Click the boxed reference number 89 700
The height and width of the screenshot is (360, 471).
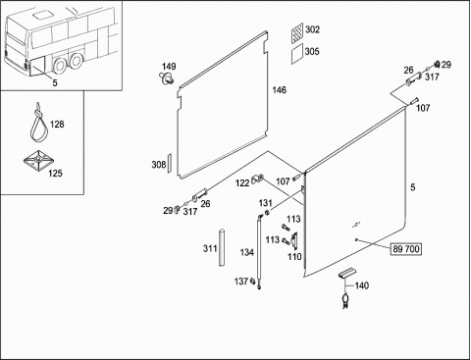click(405, 249)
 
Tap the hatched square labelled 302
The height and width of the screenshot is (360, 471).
click(297, 32)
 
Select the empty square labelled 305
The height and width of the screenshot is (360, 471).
click(297, 54)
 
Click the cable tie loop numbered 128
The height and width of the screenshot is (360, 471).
click(38, 123)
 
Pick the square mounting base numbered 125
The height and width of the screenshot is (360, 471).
click(38, 161)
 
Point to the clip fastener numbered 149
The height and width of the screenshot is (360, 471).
click(168, 78)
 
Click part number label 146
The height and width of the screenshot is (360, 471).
click(280, 90)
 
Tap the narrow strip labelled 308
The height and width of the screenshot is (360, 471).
click(170, 162)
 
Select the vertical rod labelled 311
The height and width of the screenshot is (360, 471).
click(222, 247)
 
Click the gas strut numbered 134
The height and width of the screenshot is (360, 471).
click(260, 252)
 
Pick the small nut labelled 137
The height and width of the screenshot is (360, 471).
click(252, 281)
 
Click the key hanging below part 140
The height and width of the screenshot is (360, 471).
click(345, 301)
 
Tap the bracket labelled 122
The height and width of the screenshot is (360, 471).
click(257, 180)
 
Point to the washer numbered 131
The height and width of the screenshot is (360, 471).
click(267, 213)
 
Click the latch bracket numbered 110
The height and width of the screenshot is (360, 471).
click(294, 240)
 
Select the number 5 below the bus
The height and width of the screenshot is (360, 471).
click(55, 83)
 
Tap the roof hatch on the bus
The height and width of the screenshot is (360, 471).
click(41, 15)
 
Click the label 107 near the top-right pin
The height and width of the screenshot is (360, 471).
click(423, 108)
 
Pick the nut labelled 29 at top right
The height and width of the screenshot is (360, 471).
click(437, 64)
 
